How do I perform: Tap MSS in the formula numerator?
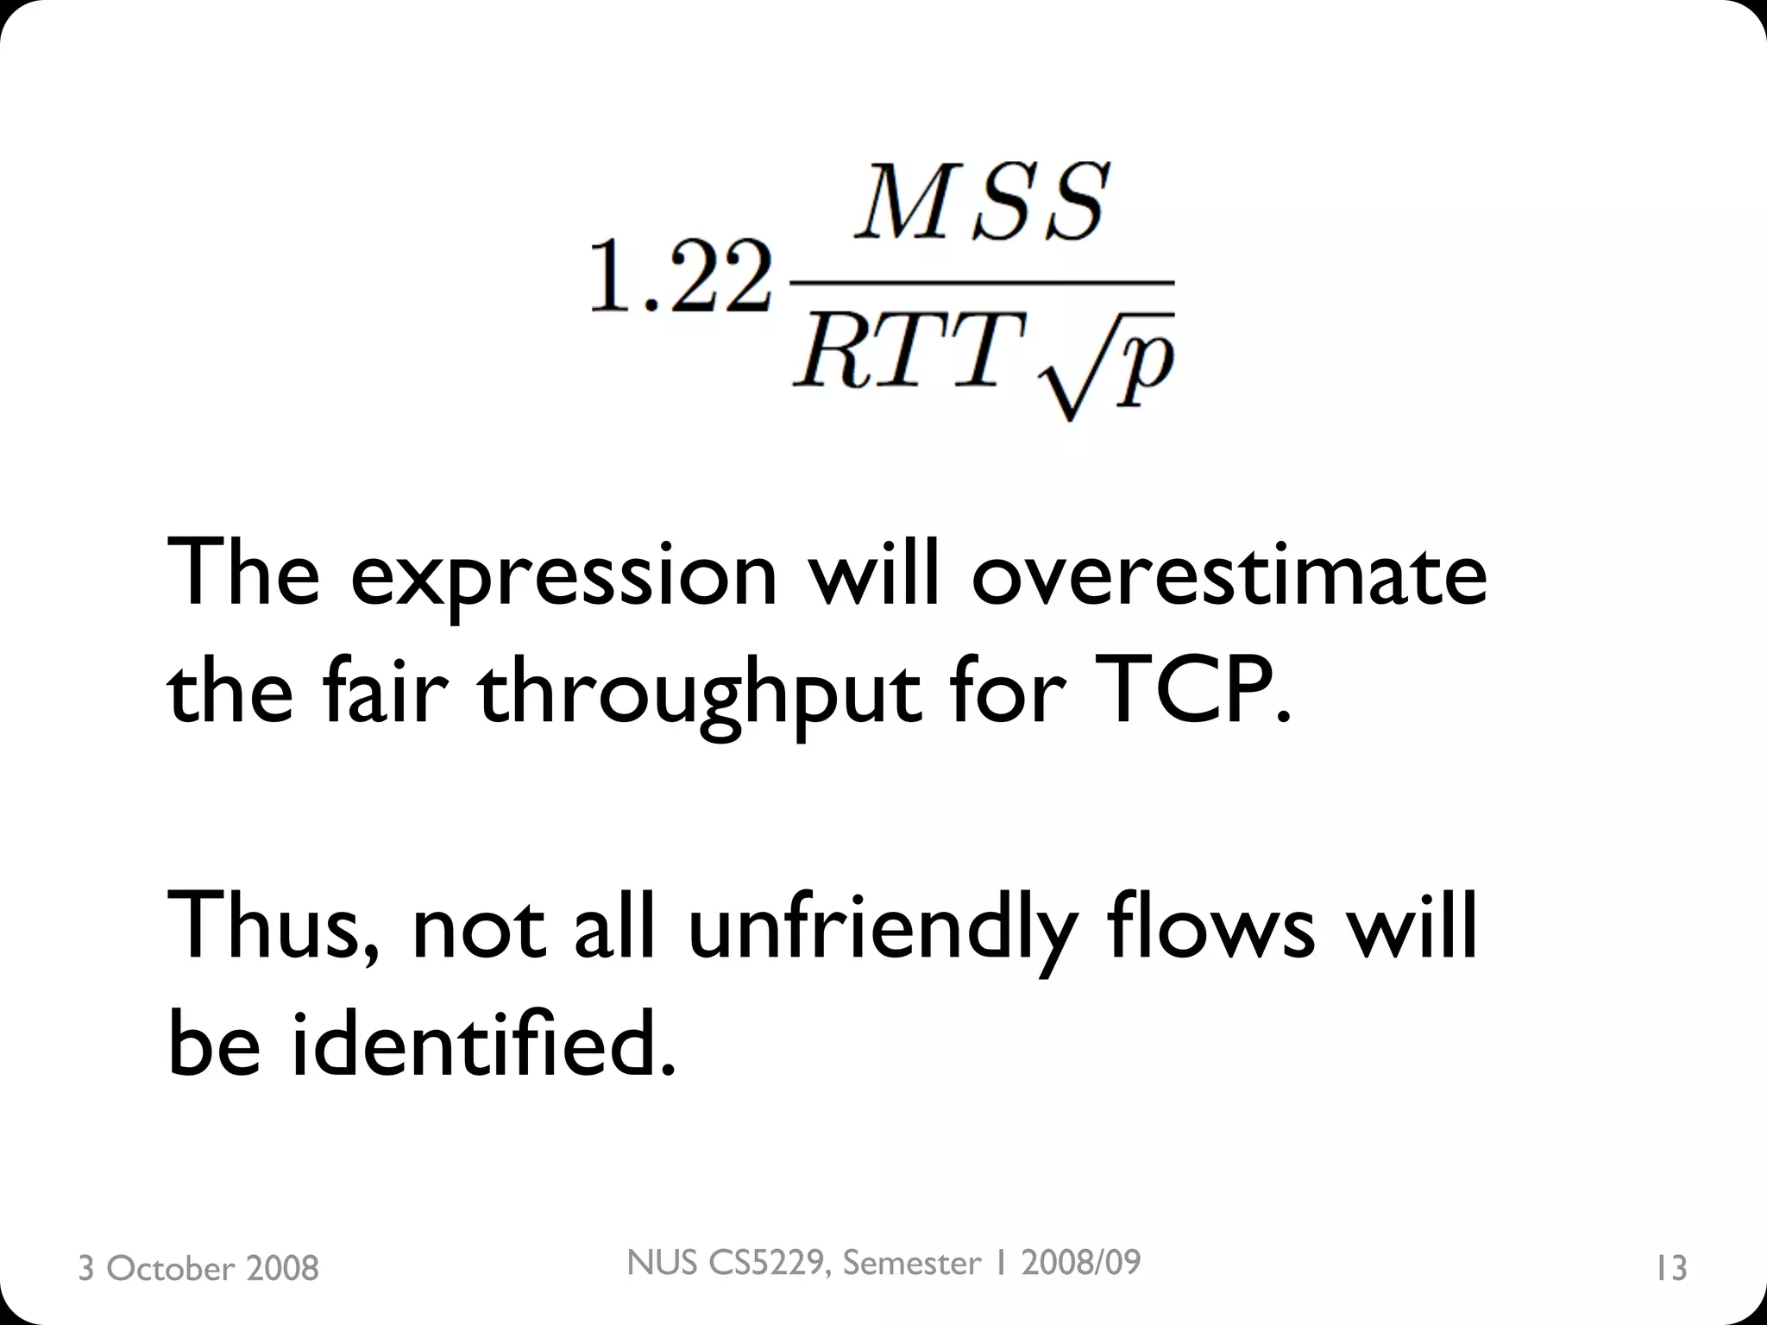pos(980,203)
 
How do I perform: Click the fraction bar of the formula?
pos(982,281)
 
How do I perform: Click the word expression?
pos(564,576)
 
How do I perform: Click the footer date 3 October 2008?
pos(198,1268)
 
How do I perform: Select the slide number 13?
pos(1671,1268)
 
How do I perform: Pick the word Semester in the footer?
pos(912,1263)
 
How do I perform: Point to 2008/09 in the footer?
pos(1080,1263)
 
